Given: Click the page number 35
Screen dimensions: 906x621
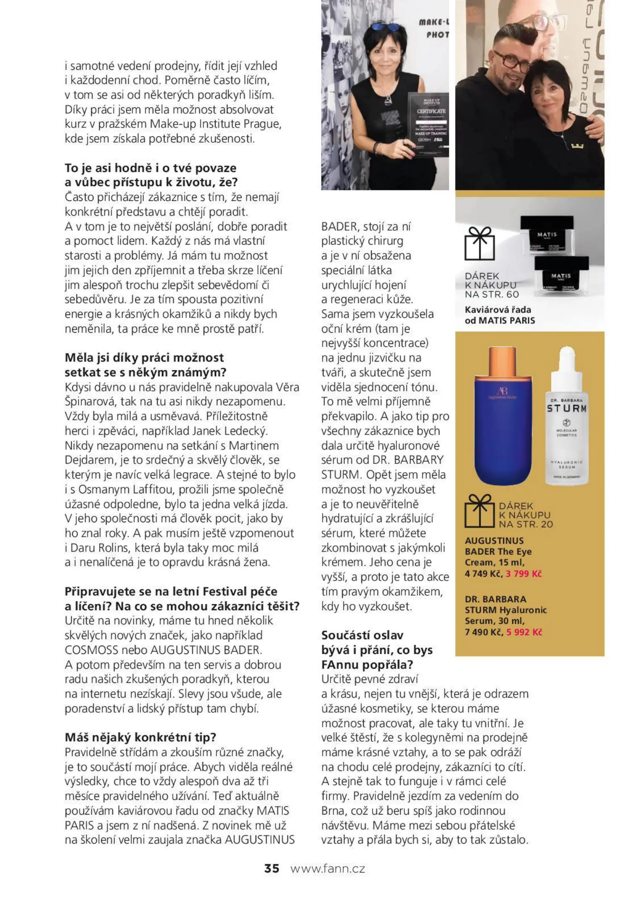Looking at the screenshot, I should pos(271,868).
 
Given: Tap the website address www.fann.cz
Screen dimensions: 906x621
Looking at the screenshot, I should pos(327,868).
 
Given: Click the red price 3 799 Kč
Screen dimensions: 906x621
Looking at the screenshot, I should pos(523,573).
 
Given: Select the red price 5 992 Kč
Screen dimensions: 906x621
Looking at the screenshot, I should pos(524,632).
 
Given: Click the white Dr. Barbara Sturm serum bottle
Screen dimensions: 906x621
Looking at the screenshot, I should pos(566,428).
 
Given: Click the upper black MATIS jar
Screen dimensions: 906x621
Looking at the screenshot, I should pos(546,234).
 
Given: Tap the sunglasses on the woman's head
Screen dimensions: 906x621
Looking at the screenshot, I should pos(385,26).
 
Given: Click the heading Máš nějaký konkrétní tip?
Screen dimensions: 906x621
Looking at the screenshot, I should pos(141,737).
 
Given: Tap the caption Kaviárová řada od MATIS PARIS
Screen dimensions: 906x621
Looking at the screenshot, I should pos(499,315).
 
